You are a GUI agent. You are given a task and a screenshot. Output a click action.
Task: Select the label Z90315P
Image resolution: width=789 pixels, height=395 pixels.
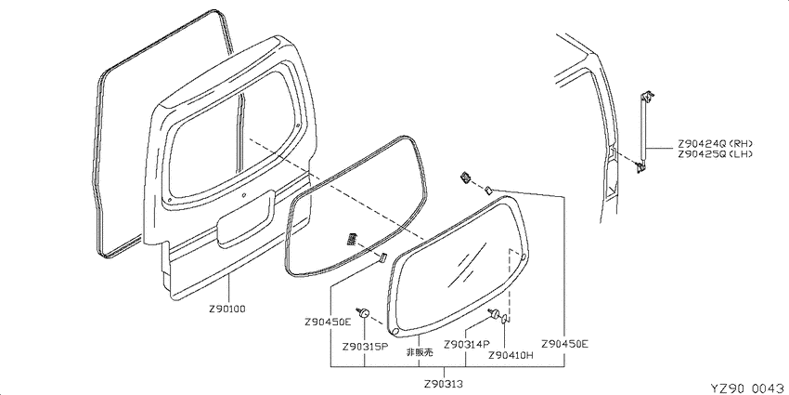click(364, 347)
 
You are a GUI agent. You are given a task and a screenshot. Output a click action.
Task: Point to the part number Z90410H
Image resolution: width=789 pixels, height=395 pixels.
click(511, 355)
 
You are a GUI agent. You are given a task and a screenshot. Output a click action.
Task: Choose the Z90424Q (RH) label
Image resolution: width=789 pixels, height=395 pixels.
click(715, 143)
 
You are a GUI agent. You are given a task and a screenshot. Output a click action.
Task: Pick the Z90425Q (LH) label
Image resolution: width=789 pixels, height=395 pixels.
click(715, 154)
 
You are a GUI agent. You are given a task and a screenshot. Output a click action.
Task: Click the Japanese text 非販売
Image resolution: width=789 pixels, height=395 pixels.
click(420, 352)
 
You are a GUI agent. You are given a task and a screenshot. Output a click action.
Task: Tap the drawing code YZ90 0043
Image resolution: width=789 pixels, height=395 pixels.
click(749, 388)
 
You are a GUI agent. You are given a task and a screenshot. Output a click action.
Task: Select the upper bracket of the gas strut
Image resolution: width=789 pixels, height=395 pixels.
click(648, 97)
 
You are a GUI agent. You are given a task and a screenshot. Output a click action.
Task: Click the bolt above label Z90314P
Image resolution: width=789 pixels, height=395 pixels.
click(494, 313)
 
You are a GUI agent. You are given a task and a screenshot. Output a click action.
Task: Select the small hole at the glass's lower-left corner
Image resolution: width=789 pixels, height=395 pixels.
click(395, 332)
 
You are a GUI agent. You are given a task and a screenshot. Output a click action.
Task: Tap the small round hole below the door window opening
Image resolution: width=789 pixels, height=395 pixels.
click(243, 195)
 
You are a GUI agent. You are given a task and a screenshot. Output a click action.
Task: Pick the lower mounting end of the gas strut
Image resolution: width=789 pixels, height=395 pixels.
click(640, 167)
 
